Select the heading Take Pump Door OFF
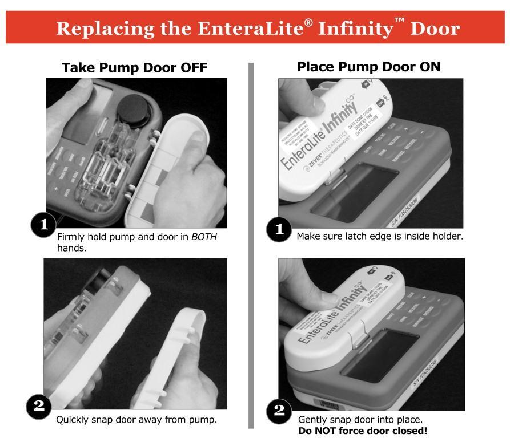[134, 67]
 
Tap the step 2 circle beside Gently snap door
[280, 412]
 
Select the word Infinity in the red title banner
[362, 27]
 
